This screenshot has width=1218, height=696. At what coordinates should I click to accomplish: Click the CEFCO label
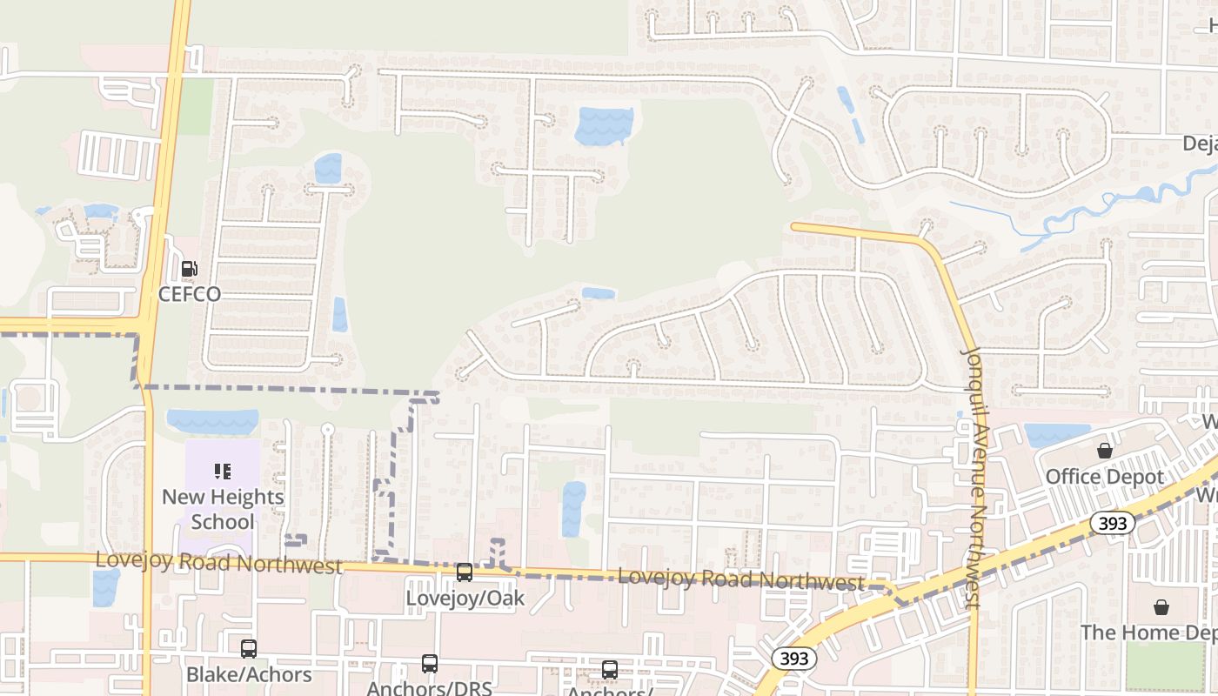click(189, 294)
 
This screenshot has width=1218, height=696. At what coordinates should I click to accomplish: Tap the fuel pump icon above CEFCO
click(189, 269)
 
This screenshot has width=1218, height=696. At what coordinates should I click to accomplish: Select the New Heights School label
click(223, 509)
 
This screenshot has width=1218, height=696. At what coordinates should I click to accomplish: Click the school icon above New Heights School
click(223, 472)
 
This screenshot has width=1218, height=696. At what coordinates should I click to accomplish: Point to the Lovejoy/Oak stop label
click(465, 599)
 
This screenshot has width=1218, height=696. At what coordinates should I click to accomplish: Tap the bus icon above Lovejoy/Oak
click(465, 572)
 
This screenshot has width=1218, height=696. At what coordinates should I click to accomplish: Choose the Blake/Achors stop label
click(249, 674)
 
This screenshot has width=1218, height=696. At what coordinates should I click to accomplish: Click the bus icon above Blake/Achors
click(249, 649)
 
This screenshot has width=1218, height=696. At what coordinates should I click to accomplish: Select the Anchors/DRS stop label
click(429, 687)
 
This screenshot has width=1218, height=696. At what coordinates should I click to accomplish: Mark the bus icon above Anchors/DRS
click(430, 664)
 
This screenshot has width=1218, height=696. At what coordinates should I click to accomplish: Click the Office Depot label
click(1104, 477)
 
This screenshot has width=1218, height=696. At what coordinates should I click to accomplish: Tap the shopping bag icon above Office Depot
click(1104, 451)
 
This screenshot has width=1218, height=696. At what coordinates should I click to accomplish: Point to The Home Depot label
click(1148, 632)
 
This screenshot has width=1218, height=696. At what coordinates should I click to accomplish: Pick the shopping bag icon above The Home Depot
click(1161, 607)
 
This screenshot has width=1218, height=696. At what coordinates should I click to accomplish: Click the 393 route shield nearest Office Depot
click(1112, 524)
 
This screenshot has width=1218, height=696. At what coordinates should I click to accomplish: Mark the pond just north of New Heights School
click(212, 421)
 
